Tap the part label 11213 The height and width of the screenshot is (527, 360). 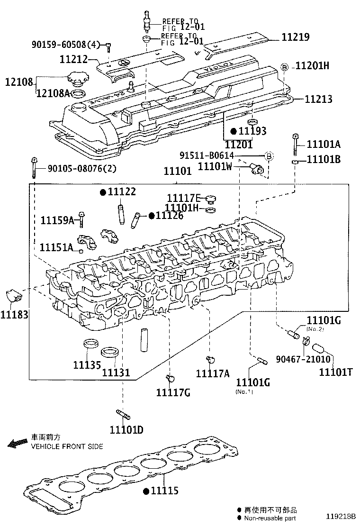tap(318, 100)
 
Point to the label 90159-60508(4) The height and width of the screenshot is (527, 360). tap(66, 45)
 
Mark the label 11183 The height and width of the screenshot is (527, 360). tap(14, 314)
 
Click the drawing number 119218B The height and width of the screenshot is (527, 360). tap(340, 517)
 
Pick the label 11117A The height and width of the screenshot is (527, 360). tap(213, 374)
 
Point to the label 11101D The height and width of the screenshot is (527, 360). tap(126, 430)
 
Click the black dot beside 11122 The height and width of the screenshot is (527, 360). tap(102, 192)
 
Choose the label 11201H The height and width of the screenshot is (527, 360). tap(312, 66)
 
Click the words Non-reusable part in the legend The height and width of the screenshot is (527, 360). tap(270, 518)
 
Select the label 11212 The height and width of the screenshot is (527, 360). tap(74, 60)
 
